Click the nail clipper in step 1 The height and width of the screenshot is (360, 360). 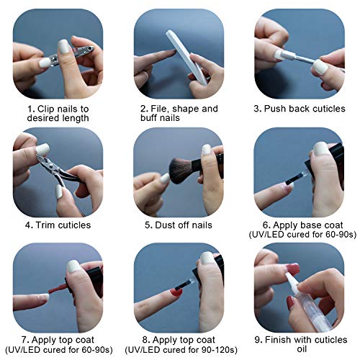point(72,54)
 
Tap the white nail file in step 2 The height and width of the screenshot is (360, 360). point(186,56)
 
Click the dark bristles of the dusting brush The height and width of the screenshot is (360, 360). point(181,171)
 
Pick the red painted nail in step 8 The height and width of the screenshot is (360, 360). point(176,292)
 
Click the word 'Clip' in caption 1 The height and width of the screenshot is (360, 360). point(46,109)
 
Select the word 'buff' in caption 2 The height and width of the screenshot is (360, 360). point(150,118)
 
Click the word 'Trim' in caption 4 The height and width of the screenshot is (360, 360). point(45,225)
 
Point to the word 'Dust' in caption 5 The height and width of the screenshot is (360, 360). point(165,225)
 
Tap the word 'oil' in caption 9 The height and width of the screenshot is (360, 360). point(302,349)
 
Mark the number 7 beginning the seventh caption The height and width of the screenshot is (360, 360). point(24,340)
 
